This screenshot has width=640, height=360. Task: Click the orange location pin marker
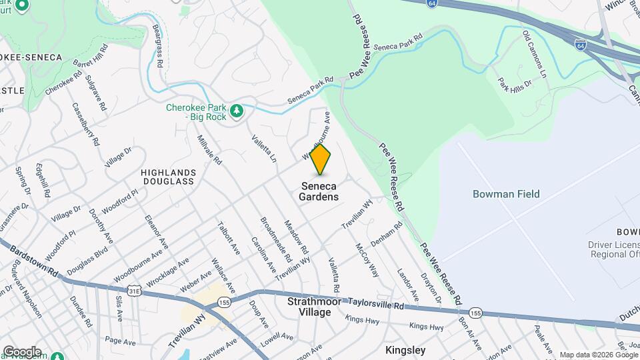pos(320,159)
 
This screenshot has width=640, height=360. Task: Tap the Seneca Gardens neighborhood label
pos(319,191)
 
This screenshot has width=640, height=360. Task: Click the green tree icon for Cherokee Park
pos(236,111)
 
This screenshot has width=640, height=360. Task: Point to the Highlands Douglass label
pos(167,177)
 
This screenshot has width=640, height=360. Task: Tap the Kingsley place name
pos(405,350)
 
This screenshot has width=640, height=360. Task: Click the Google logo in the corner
pos(22,351)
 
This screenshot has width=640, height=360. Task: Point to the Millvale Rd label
pos(209,151)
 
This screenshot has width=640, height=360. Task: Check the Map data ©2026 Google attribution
pos(599,355)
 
